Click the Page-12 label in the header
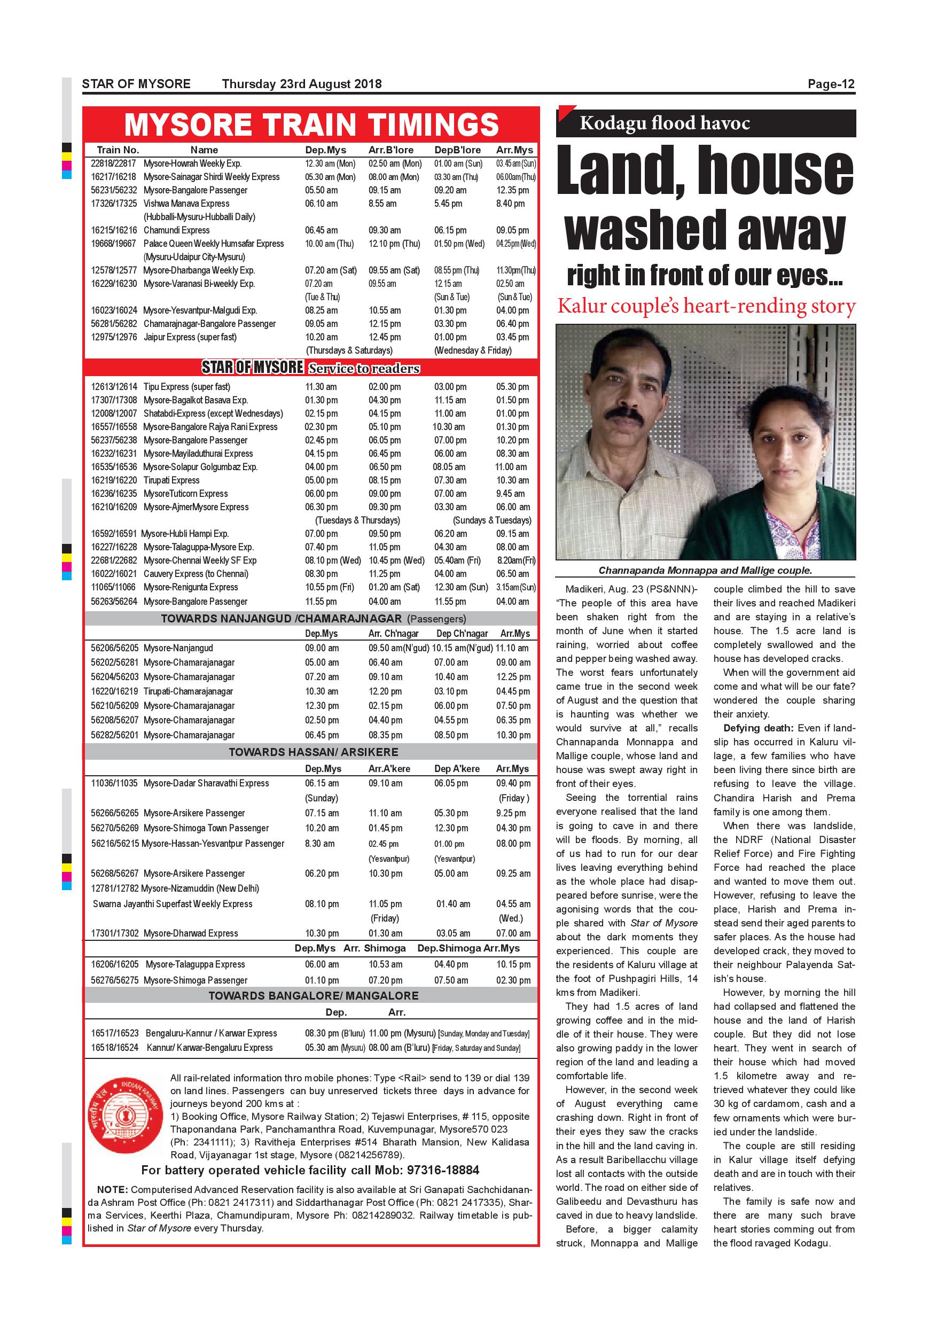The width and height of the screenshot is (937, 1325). click(830, 84)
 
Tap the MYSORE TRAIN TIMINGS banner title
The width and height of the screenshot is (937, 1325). click(311, 124)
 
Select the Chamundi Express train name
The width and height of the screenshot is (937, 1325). click(176, 230)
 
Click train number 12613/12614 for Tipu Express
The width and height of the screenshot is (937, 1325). click(114, 387)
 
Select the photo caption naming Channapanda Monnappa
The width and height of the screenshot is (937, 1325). click(705, 570)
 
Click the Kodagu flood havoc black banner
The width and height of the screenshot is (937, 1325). click(705, 123)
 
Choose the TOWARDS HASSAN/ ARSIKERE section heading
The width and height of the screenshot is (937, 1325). click(313, 752)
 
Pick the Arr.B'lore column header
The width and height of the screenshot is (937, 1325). click(391, 150)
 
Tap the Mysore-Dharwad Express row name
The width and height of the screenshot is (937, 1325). click(190, 933)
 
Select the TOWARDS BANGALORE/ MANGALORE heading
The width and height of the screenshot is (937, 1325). click(313, 995)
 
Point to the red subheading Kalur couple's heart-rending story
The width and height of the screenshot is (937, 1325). click(706, 307)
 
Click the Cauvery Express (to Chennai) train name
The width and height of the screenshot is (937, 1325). click(196, 574)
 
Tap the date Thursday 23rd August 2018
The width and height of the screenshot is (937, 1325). click(302, 84)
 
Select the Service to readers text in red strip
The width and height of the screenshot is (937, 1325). click(364, 368)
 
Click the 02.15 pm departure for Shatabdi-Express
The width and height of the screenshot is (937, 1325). click(321, 414)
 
